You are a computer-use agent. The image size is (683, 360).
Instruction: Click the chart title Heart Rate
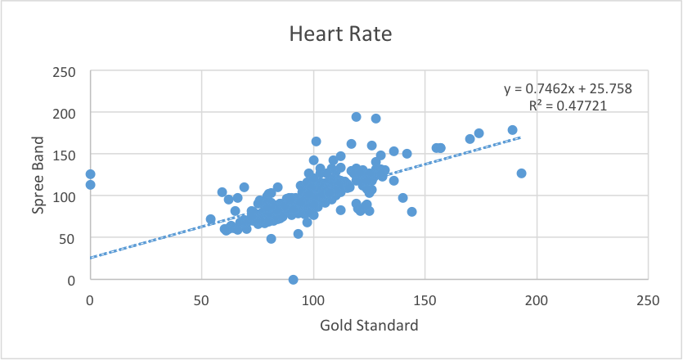341,35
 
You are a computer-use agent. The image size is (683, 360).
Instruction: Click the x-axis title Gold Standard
368,325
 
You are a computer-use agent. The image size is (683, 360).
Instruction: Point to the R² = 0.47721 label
568,105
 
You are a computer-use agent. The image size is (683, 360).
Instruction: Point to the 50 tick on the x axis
202,300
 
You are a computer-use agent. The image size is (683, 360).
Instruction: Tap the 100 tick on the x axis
313,300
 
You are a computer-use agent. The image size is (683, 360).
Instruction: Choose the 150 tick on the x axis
425,300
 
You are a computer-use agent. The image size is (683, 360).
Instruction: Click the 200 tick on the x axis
537,300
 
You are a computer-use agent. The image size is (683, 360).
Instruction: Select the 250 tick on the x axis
648,300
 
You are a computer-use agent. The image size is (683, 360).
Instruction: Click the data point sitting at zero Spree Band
293,280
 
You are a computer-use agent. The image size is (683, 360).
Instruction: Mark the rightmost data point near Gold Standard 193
521,173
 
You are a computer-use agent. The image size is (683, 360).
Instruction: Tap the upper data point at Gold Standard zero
90,174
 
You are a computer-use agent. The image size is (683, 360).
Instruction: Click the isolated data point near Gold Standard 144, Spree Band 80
411,212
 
